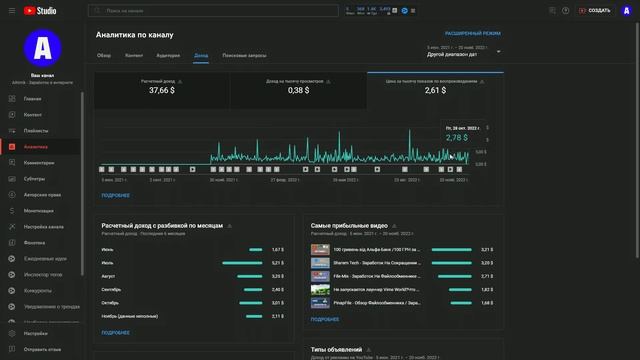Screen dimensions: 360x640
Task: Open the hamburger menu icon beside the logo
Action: click(10, 10)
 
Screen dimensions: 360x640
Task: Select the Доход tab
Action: click(201, 55)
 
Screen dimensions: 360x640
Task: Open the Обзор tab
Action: click(104, 55)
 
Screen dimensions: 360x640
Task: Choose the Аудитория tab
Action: click(168, 55)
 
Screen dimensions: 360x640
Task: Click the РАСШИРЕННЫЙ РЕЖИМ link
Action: click(473, 33)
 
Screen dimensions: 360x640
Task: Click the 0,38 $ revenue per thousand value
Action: click(297, 90)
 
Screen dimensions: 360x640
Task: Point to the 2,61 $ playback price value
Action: click(435, 90)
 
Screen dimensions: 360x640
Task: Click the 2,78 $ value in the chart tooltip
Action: click(457, 137)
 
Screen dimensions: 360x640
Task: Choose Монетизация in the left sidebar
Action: click(39, 211)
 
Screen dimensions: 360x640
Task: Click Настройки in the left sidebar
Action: click(36, 333)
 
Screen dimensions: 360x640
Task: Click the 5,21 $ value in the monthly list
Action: click(277, 263)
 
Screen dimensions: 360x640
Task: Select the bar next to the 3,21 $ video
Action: click(451, 249)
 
